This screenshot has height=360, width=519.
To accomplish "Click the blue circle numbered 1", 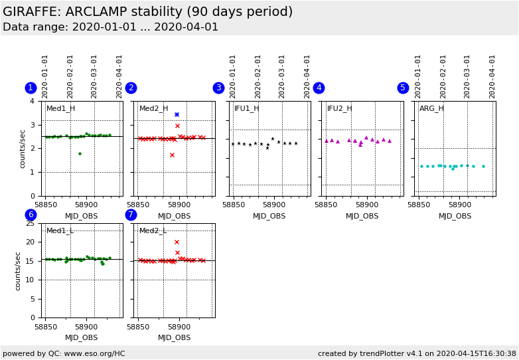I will click(x=31, y=88).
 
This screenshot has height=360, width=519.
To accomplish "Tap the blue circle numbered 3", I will click(x=218, y=88).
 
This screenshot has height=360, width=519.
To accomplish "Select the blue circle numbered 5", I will click(x=403, y=88).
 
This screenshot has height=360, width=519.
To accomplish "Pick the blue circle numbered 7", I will click(x=131, y=215).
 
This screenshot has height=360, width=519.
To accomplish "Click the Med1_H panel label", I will click(x=60, y=109).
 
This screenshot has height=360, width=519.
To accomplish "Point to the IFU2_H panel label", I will click(x=339, y=109).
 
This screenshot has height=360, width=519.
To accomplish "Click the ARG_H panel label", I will click(x=431, y=109).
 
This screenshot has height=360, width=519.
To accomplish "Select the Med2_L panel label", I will click(x=153, y=231).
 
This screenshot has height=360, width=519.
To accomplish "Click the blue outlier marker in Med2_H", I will click(x=177, y=114).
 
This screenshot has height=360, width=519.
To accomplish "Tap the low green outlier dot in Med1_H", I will click(x=80, y=154).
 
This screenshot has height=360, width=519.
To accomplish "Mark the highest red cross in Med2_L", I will click(x=177, y=242).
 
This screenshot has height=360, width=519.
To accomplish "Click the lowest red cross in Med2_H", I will click(x=172, y=155).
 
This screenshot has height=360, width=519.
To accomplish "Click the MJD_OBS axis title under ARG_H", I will click(x=455, y=216).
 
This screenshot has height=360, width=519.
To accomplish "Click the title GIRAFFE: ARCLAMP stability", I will click(x=147, y=12).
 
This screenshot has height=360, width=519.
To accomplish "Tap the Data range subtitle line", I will click(x=110, y=27).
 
